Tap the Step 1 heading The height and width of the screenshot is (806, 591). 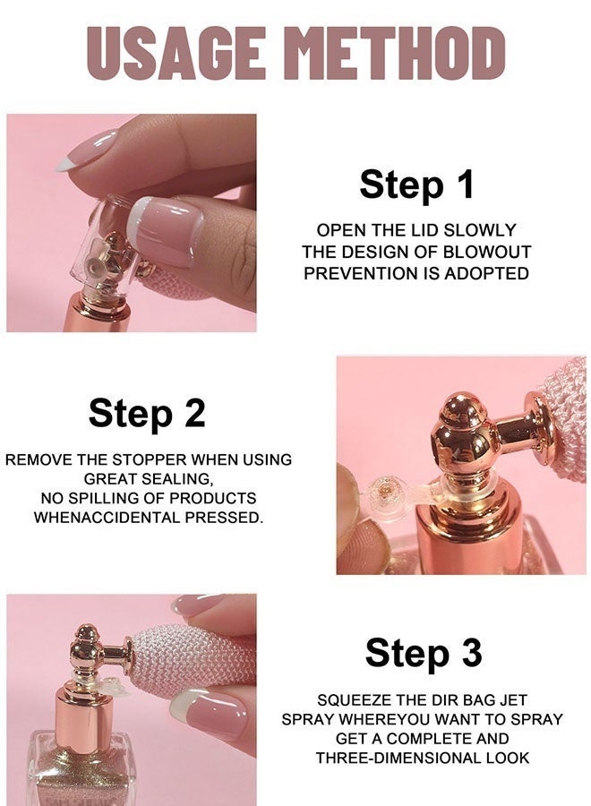point(416,184)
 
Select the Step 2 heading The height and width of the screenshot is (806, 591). point(147,413)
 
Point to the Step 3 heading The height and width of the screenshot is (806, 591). point(424,652)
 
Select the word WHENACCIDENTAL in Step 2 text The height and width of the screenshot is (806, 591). point(107,518)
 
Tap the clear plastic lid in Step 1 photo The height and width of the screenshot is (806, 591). point(110,247)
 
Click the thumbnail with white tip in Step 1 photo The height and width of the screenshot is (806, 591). point(165,231)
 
